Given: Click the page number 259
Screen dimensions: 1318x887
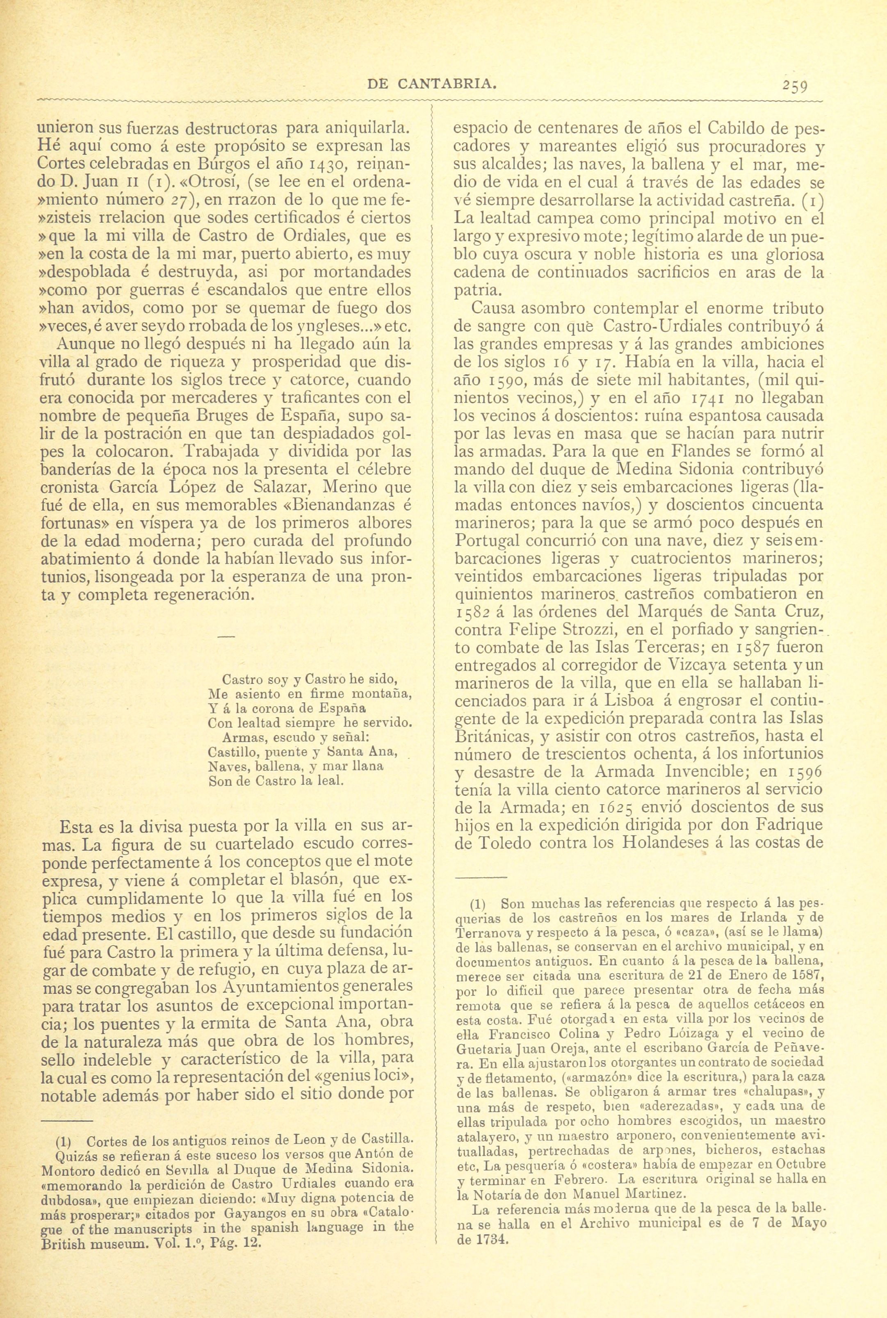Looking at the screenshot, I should coord(796,87).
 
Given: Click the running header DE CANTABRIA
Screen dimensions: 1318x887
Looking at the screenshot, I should coord(432,85).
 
